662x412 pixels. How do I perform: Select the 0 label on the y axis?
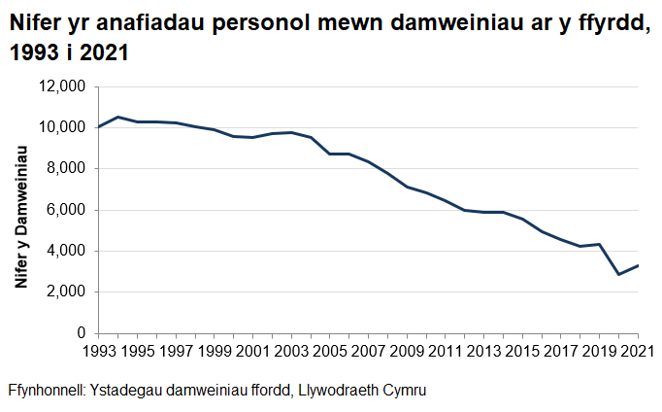[82, 333]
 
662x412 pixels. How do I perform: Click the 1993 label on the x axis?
[98, 351]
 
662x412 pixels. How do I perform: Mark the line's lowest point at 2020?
[619, 274]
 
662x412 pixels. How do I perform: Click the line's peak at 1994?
[117, 117]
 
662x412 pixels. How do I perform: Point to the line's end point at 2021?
[639, 265]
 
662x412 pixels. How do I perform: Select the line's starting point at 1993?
[98, 126]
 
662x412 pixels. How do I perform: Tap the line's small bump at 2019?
[600, 244]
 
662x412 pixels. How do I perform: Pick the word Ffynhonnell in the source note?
[46, 390]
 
